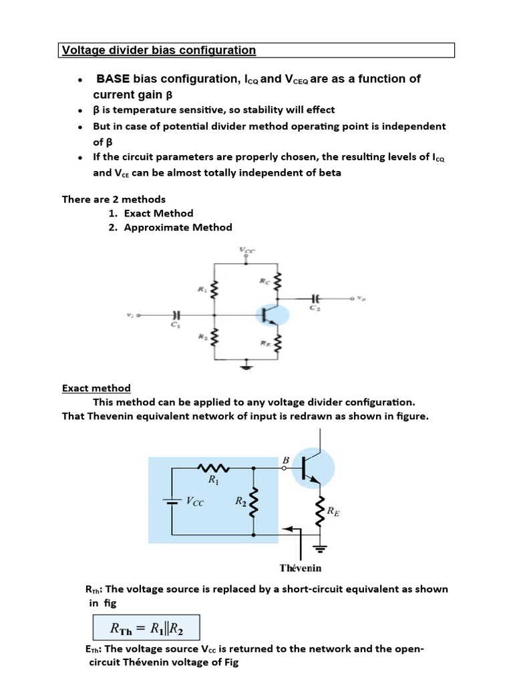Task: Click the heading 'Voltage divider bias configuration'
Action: (x=158, y=50)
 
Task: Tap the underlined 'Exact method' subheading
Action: (x=96, y=388)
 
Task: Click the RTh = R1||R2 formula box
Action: (x=145, y=628)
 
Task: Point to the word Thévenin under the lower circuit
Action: (x=300, y=568)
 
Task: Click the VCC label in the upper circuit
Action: (x=246, y=250)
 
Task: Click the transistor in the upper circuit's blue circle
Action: (x=271, y=315)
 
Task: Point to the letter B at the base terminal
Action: (x=286, y=460)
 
